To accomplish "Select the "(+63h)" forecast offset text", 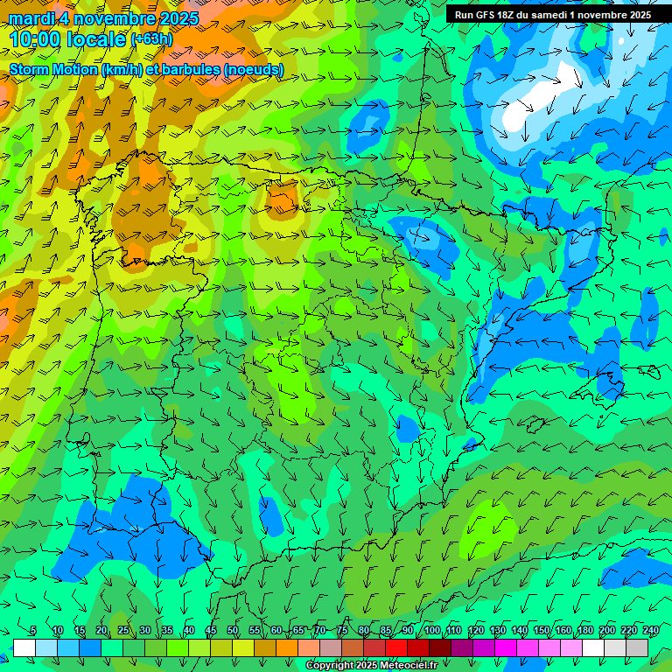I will coord(151,39).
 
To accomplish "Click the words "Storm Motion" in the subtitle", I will coord(54,70).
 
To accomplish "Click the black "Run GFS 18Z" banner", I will coord(552,15).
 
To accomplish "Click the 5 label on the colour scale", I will coord(33,631).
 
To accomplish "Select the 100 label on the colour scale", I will coord(431,631).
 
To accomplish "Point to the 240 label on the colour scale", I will coord(650,631).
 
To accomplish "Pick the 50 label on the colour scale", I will coord(233,631).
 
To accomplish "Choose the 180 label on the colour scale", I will coord(584,631).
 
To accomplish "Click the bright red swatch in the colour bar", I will coord(396,647).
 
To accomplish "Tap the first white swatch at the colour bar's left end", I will coord(24,647).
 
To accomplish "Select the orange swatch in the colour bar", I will coord(287,647).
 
